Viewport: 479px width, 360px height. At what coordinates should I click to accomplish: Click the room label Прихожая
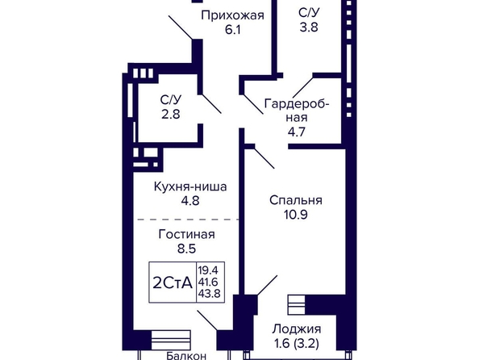[x=232, y=15]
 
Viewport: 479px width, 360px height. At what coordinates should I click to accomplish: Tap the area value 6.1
[x=233, y=30]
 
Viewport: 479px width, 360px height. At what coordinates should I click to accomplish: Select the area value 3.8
[x=309, y=27]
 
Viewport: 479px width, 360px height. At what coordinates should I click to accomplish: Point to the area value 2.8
[x=171, y=115]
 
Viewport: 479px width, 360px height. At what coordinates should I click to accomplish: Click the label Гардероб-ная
[x=297, y=111]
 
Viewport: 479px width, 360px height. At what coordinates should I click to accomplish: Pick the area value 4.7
[x=297, y=132]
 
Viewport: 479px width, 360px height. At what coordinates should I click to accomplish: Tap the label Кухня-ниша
[x=190, y=186]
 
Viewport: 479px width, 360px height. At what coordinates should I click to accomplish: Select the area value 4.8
[x=190, y=201]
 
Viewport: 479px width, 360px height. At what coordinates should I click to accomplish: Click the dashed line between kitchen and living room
[x=188, y=220]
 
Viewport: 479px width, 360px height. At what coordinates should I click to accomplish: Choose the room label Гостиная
[x=186, y=234]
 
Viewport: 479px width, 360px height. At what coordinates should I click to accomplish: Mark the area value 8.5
[x=186, y=249]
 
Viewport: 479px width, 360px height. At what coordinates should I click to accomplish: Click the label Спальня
[x=296, y=200]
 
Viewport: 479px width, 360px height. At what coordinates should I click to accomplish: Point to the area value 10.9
[x=296, y=215]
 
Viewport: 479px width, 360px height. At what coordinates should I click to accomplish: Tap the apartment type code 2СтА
[x=173, y=283]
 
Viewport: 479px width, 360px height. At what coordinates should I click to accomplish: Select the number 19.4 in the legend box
[x=208, y=270]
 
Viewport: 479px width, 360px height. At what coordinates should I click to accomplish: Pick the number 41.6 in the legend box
[x=208, y=282]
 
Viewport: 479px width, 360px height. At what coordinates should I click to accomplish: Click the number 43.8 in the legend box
[x=209, y=294]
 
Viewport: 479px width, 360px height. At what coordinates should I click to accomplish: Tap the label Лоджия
[x=297, y=329]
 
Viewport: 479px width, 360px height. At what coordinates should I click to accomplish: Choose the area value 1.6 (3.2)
[x=297, y=344]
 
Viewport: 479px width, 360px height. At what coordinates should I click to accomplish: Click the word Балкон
[x=186, y=356]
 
